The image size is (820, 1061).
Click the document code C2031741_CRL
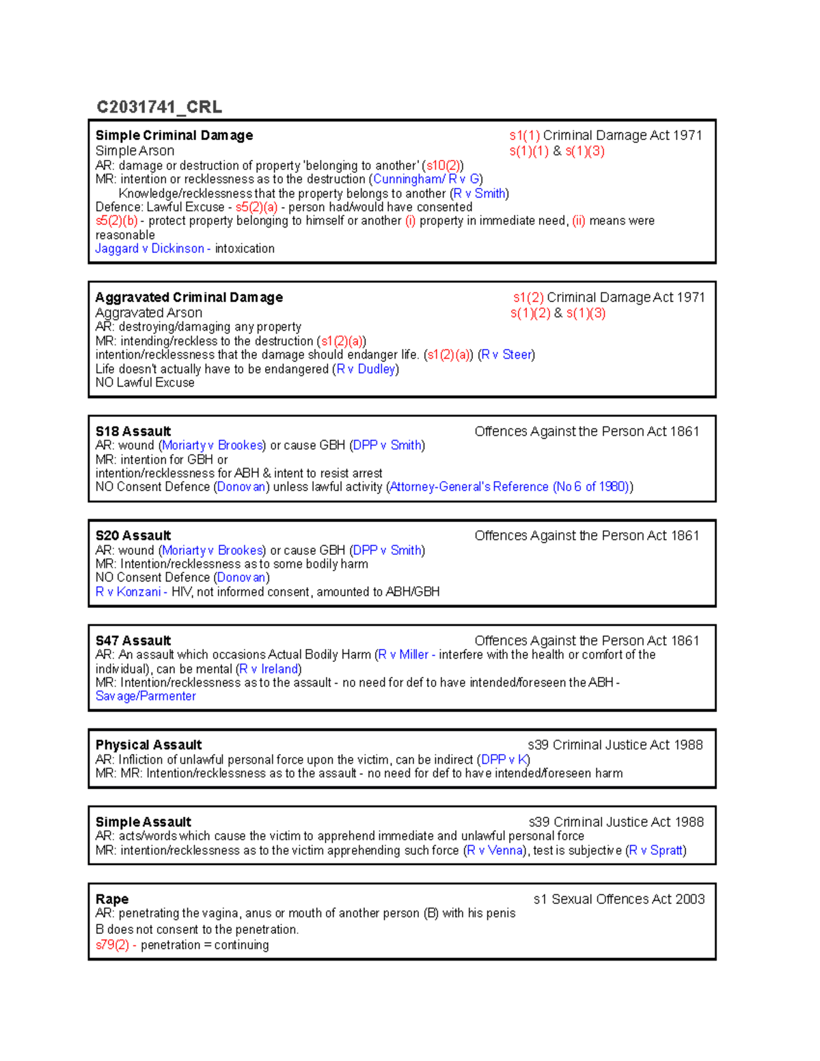coord(159,107)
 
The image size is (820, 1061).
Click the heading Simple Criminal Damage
coord(174,135)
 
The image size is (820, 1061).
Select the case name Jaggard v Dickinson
coord(150,249)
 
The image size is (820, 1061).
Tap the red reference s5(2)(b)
coord(116,221)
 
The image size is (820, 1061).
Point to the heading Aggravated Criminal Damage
coord(189,297)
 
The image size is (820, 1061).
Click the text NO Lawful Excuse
coord(145,383)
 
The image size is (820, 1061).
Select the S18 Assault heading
coord(133,431)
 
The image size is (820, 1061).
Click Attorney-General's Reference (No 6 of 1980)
coord(509,486)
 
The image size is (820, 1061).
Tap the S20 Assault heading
coord(133,536)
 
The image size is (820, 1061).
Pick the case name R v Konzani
coord(128,592)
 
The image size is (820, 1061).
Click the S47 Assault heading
coord(133,640)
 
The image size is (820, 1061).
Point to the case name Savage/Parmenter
coord(146,696)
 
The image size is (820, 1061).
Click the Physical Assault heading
coord(149,745)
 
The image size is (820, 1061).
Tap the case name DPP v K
coord(504,760)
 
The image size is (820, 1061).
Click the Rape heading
coord(112,899)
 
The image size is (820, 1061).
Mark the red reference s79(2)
coord(113,945)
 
